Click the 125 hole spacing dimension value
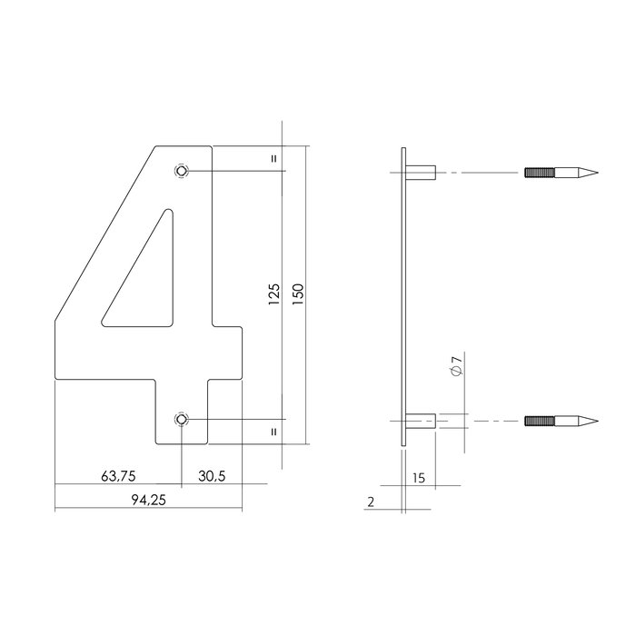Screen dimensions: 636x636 tap(275, 295)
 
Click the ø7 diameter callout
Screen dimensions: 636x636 tap(457, 368)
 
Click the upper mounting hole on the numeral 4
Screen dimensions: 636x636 tap(183, 171)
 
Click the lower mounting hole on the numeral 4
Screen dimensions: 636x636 tap(183, 419)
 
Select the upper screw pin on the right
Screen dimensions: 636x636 tap(561, 172)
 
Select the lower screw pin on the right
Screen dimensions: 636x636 tap(561, 421)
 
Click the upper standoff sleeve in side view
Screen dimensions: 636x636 tap(420, 172)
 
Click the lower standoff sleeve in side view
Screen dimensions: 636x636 tap(420, 421)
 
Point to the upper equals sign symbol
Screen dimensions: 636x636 tap(273, 158)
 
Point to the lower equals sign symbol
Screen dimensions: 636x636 tap(273, 432)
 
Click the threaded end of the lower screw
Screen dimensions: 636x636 tap(537, 421)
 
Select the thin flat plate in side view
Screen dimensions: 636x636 tap(402, 295)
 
